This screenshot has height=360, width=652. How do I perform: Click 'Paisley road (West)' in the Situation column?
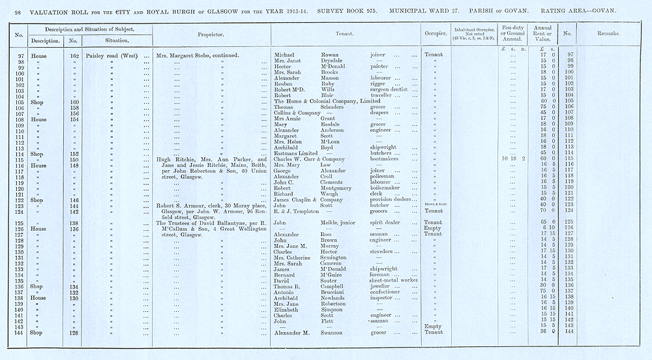click(115, 55)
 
